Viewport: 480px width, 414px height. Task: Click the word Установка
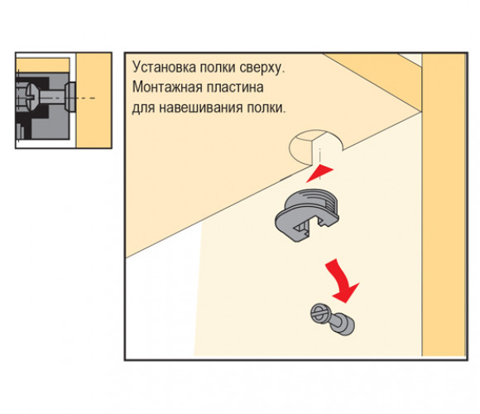pyautogui.click(x=164, y=67)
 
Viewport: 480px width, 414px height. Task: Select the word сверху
pyautogui.click(x=262, y=68)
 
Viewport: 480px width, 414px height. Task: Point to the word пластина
pyautogui.click(x=235, y=87)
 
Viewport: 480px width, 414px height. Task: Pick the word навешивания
pyautogui.click(x=201, y=108)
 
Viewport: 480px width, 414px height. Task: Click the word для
pyautogui.click(x=143, y=108)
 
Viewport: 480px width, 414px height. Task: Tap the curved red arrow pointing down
pyautogui.click(x=342, y=282)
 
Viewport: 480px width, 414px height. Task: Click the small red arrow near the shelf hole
pyautogui.click(x=319, y=173)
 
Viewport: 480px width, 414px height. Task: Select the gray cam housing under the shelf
pyautogui.click(x=307, y=215)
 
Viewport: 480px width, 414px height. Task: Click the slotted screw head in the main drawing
pyautogui.click(x=319, y=314)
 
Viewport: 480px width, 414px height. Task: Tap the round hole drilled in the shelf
pyautogui.click(x=314, y=147)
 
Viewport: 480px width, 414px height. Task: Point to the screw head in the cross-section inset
pyautogui.click(x=31, y=98)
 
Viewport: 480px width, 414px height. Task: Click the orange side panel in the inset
pyautogui.click(x=94, y=100)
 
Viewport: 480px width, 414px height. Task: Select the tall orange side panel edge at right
pyautogui.click(x=444, y=205)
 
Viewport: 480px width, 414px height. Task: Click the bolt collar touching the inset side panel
pyautogui.click(x=70, y=96)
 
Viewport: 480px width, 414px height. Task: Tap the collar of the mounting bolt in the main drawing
pyautogui.click(x=345, y=325)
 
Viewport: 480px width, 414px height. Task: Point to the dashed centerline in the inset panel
pyautogui.click(x=86, y=99)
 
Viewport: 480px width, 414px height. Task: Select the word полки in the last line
pyautogui.click(x=266, y=108)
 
